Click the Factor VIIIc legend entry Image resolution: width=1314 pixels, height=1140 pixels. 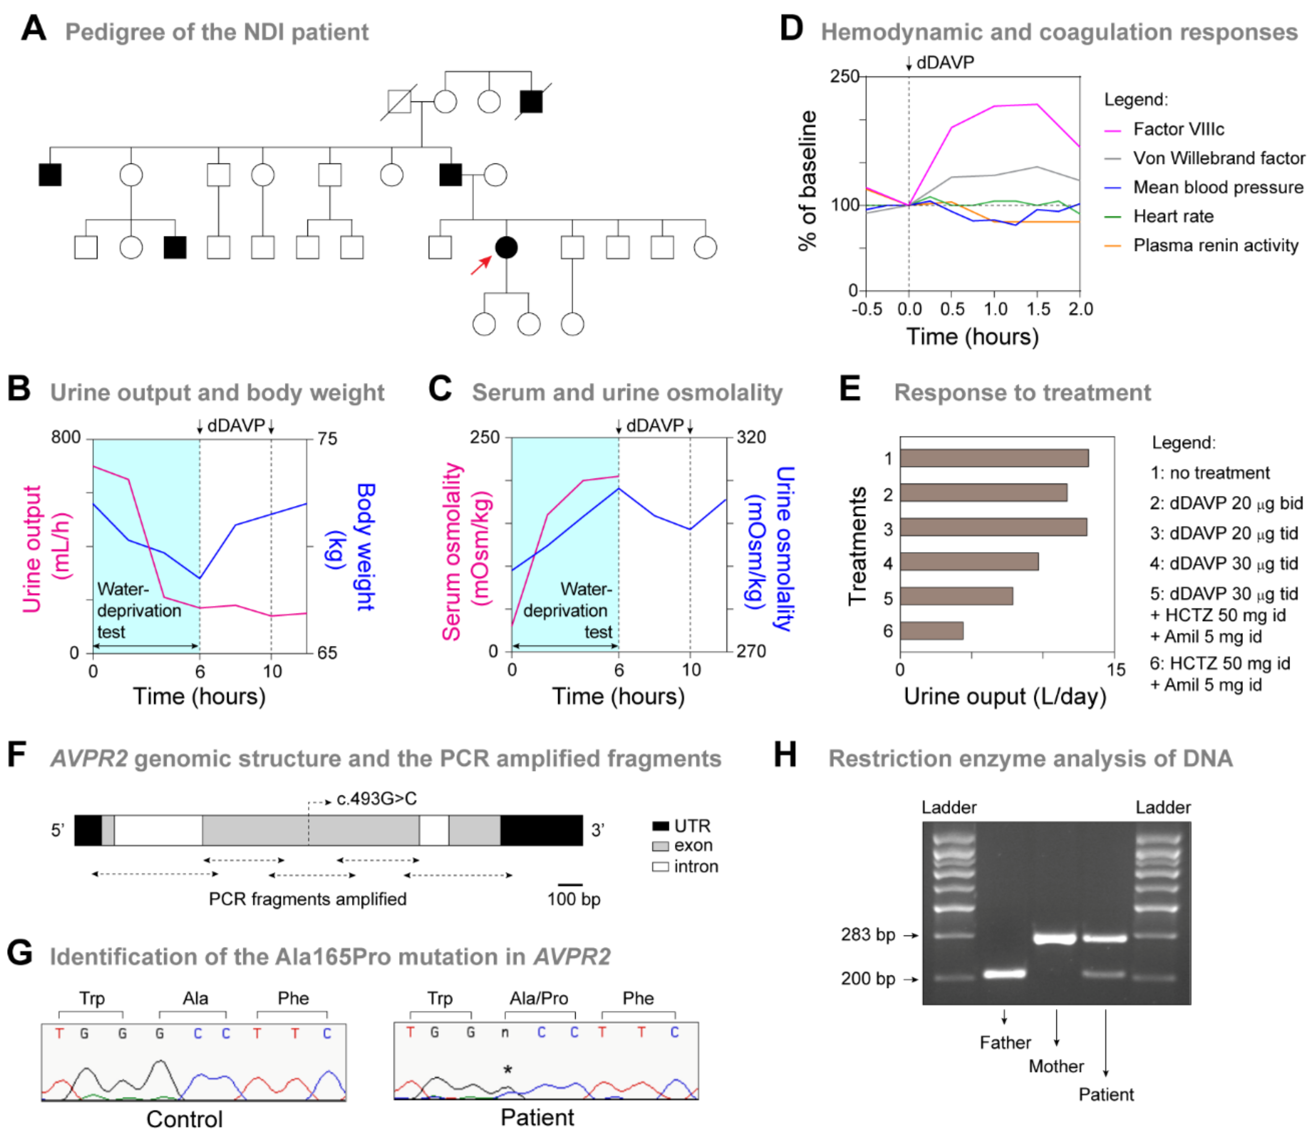1178,129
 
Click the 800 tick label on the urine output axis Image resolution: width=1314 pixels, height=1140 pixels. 66,438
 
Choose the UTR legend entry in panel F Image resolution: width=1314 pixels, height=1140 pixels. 692,826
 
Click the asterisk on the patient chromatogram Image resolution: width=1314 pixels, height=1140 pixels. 507,1070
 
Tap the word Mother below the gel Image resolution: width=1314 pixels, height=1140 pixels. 1056,1066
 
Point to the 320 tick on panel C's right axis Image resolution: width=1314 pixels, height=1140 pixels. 751,438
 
